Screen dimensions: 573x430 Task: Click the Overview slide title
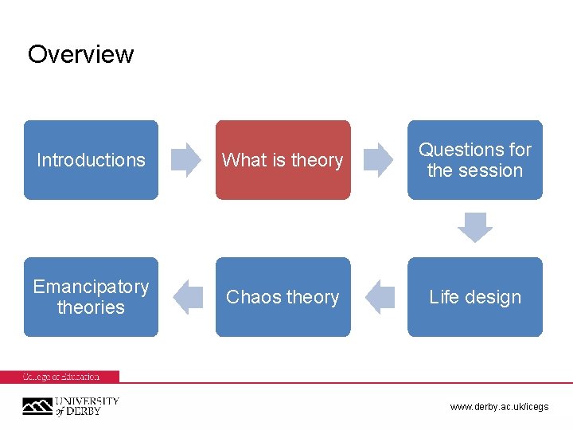[x=80, y=54]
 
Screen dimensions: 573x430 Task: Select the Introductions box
[x=91, y=160]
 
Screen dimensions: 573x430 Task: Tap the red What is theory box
[x=283, y=160]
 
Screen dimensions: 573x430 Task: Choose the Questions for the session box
[x=475, y=160]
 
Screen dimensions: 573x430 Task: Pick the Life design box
[x=475, y=297]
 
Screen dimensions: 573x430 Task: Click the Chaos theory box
[x=283, y=297]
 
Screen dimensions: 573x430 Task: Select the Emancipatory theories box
[x=91, y=297]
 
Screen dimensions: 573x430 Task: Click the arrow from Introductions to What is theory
[x=187, y=159]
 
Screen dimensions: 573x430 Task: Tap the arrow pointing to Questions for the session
[x=379, y=159]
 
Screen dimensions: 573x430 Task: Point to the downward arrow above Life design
[x=475, y=228]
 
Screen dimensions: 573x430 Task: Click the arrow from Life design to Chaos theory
[x=380, y=297]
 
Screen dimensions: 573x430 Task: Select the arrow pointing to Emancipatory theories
[x=188, y=297]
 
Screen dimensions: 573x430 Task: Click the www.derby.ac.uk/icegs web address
[x=499, y=407]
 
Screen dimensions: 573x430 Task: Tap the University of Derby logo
[x=70, y=406]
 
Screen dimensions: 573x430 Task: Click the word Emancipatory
[x=91, y=287]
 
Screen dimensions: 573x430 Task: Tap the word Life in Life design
[x=444, y=297]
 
